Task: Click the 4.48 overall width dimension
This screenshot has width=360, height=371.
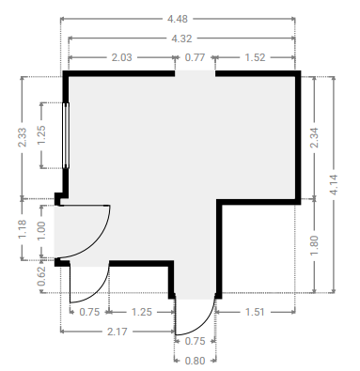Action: pyautogui.click(x=178, y=19)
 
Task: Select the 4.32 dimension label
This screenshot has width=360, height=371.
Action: pyautogui.click(x=181, y=39)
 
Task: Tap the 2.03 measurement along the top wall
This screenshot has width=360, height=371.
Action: pyautogui.click(x=122, y=57)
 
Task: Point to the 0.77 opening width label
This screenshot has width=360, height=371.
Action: pyautogui.click(x=195, y=57)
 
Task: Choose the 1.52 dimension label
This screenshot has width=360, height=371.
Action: pyautogui.click(x=255, y=57)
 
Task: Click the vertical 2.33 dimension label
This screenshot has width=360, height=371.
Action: pyautogui.click(x=23, y=137)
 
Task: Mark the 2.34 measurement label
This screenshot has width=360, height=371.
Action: pyautogui.click(x=314, y=137)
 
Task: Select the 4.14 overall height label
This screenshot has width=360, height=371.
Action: pyautogui.click(x=334, y=185)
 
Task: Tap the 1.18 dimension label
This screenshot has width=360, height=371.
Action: pyautogui.click(x=23, y=229)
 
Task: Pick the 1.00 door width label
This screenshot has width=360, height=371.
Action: pyautogui.click(x=41, y=231)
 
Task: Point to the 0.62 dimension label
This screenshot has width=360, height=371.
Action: pyautogui.click(x=41, y=276)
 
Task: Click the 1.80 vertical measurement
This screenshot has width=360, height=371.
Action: pyautogui.click(x=314, y=245)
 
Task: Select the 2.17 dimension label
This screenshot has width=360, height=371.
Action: pyautogui.click(x=117, y=332)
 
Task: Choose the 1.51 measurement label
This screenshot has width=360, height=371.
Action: pyautogui.click(x=255, y=312)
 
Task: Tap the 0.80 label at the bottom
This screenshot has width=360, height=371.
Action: pyautogui.click(x=195, y=361)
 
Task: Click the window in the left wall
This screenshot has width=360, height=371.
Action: pyautogui.click(x=66, y=135)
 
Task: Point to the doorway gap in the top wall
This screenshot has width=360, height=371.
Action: pyautogui.click(x=195, y=73)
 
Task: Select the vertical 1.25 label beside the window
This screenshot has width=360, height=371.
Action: pyautogui.click(x=41, y=135)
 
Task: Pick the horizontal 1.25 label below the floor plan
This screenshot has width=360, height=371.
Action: pyautogui.click(x=142, y=312)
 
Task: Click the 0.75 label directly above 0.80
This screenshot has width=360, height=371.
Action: pyautogui.click(x=195, y=341)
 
